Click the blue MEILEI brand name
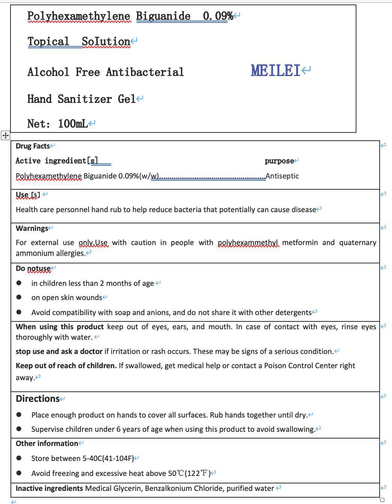pos(276,70)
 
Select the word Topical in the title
pos(48,41)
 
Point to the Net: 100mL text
pos(57,123)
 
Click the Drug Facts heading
pos(33,146)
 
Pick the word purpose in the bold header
pos(279,161)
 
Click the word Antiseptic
pos(282,176)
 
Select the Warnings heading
pos(32,228)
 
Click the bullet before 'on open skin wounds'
pos(19,297)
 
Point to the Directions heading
pos(37,399)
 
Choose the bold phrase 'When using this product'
pos(60,327)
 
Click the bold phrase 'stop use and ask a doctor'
pos(59,351)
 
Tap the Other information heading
pos(47,443)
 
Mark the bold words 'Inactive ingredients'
pos(49,488)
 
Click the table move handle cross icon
pos(6,135)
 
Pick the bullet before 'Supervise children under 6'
pos(19,429)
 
